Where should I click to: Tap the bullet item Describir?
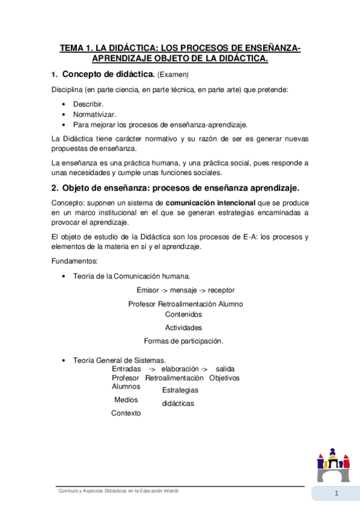[x=88, y=104]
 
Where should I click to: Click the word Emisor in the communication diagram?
[x=148, y=290]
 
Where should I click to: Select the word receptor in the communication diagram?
[x=221, y=290]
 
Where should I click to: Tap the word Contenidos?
[x=183, y=314]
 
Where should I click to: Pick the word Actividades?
[x=183, y=328]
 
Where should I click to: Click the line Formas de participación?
[x=183, y=341]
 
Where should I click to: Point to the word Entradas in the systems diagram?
[x=126, y=368]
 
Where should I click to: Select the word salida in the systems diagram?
[x=225, y=368]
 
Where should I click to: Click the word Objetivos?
[x=224, y=378]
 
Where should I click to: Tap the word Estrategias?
[x=180, y=390]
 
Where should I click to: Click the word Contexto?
[x=126, y=413]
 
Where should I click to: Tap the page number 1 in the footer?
[x=337, y=494]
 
